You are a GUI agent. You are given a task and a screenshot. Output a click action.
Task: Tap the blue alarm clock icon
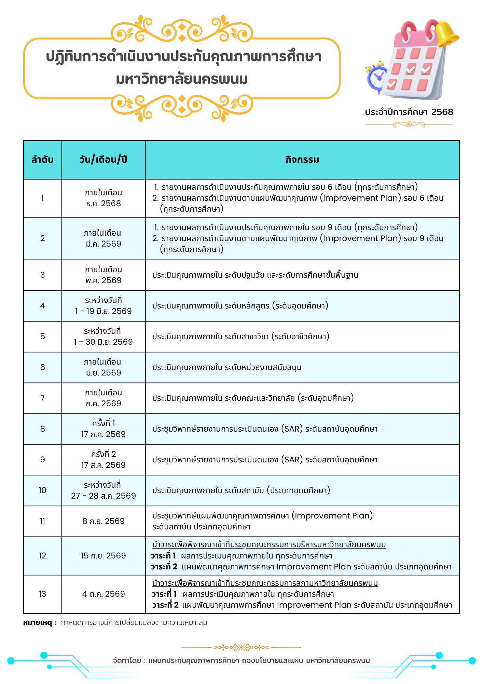click(377, 77)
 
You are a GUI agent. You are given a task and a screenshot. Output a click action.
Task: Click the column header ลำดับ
click(42, 160)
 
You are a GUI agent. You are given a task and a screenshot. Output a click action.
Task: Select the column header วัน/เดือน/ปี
click(104, 160)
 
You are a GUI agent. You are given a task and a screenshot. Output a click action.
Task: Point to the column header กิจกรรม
click(302, 160)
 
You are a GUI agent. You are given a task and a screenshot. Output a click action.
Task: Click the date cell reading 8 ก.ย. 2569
click(104, 521)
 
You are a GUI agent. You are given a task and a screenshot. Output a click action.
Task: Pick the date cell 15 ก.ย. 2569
click(104, 556)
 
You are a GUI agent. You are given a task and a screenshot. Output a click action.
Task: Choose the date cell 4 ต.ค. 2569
click(104, 594)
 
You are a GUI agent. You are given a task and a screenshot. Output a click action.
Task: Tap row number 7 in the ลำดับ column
click(42, 398)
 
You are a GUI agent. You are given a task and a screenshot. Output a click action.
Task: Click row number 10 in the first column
click(42, 490)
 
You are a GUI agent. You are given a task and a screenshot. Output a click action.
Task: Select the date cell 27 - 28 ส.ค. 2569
click(104, 496)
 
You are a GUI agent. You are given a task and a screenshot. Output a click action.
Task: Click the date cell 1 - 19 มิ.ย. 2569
click(104, 311)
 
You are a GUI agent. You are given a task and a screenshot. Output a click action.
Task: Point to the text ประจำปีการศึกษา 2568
click(409, 112)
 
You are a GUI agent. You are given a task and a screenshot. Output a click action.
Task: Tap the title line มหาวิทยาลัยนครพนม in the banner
click(182, 79)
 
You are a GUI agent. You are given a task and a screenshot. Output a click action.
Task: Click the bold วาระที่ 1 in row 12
click(164, 556)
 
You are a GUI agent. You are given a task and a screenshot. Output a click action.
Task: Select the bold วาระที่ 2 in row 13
click(165, 605)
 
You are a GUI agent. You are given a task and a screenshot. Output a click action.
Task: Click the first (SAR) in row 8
click(292, 429)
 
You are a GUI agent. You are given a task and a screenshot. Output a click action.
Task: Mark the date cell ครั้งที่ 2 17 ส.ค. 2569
click(104, 460)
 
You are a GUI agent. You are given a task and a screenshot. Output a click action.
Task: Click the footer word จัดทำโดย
click(127, 660)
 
